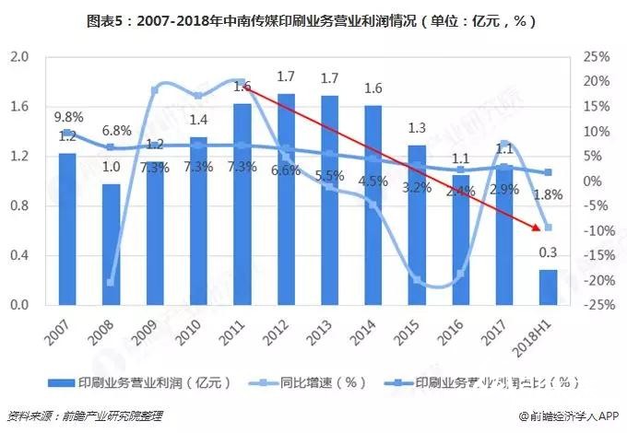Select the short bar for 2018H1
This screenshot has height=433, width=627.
548,287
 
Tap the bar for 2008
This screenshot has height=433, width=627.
111,244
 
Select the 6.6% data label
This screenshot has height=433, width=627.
286,170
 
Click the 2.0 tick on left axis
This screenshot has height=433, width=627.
19,57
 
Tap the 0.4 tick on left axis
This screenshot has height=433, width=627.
19,255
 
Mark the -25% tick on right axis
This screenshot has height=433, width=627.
596,305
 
